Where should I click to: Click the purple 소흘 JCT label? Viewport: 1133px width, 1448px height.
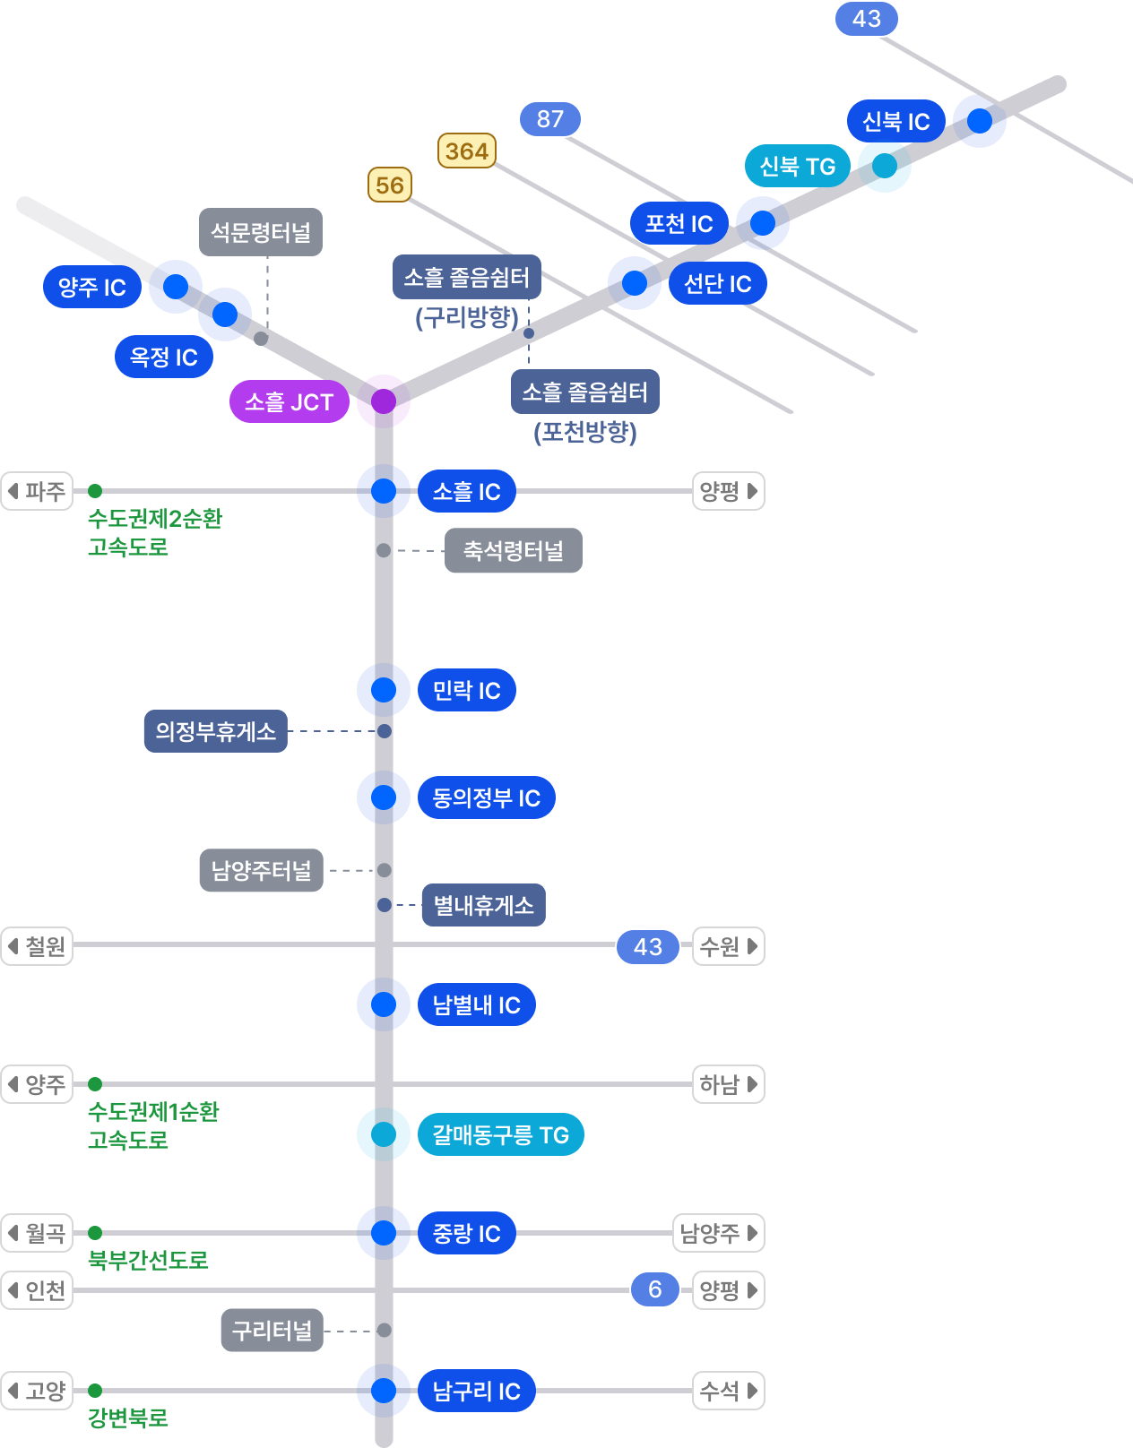coord(289,402)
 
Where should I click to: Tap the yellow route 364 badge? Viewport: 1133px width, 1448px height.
coord(467,151)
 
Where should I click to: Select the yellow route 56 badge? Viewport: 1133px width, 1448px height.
coord(390,185)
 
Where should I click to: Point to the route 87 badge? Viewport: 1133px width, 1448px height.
coord(550,119)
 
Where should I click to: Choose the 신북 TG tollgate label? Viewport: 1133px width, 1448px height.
coord(797,166)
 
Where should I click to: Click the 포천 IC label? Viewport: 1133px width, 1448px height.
coord(679,223)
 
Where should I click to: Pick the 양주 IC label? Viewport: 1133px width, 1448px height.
coord(92,287)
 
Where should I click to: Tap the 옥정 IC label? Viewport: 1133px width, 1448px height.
coord(163,357)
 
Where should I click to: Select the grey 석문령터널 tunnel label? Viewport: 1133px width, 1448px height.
coord(261,233)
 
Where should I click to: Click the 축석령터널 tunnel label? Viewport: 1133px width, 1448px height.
coord(513,550)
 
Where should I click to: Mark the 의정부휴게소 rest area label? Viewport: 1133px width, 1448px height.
coord(215,731)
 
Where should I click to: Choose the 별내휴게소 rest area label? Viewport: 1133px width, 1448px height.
coord(483,905)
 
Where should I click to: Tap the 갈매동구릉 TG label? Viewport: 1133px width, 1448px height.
coord(500,1134)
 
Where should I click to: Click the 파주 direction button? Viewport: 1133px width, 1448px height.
coord(37,491)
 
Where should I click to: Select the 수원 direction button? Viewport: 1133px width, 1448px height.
coord(728,946)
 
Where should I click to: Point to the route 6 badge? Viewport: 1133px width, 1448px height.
coord(654,1289)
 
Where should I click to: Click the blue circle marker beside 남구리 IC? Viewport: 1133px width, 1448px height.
coord(384,1391)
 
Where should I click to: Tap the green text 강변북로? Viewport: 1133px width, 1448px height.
coord(128,1418)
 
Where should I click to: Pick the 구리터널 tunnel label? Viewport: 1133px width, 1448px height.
coord(272,1331)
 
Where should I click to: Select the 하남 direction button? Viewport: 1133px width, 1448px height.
coord(728,1084)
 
